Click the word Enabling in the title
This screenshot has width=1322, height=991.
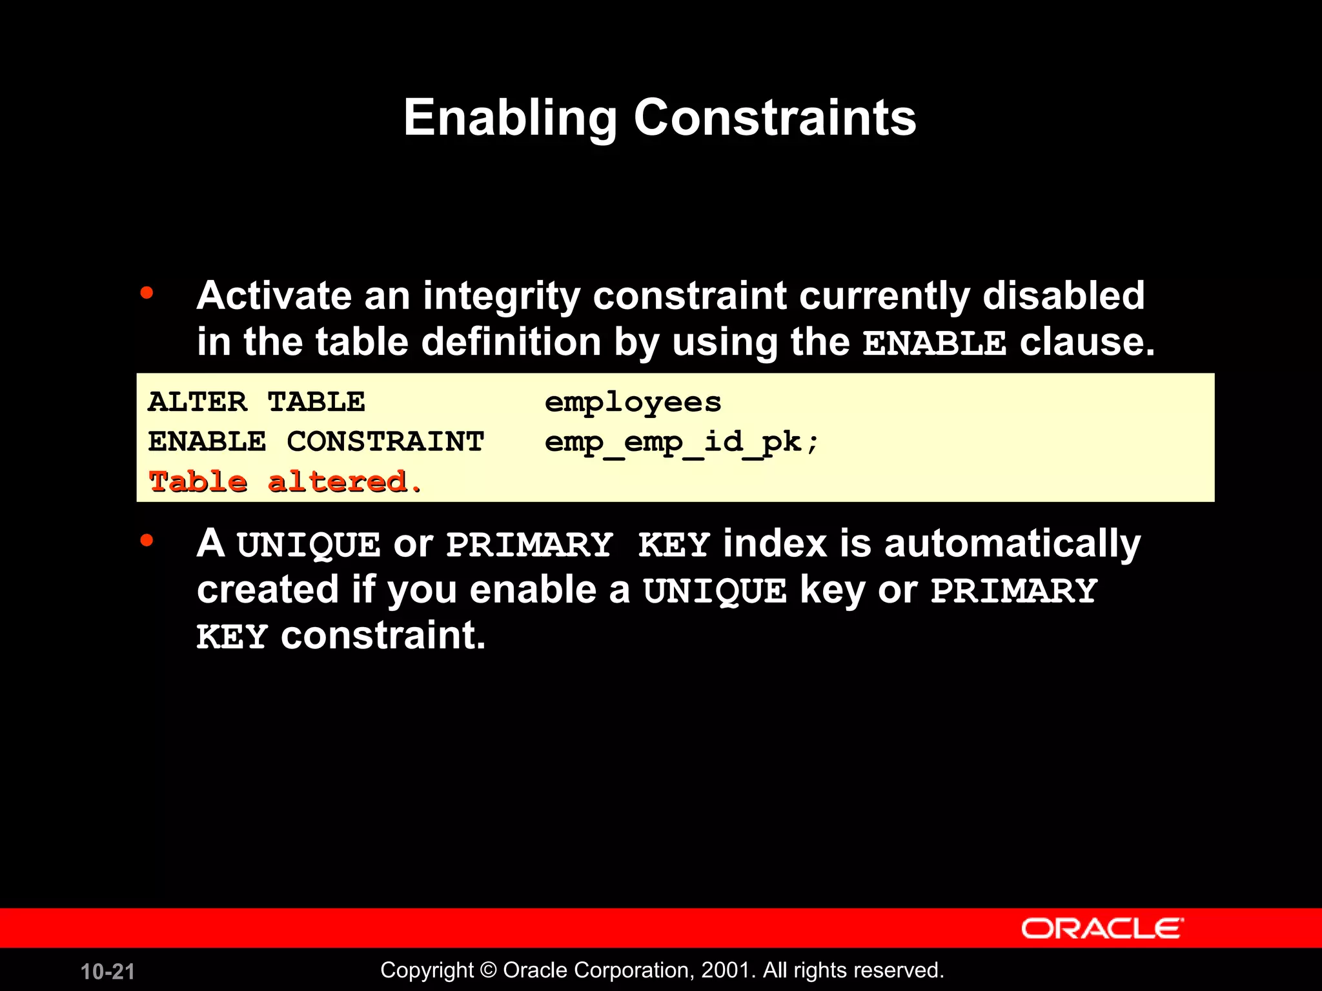pos(510,118)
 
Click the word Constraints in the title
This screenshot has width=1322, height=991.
pos(775,118)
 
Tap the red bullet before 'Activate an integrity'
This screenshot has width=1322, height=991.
pos(147,293)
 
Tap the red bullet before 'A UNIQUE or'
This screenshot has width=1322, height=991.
pos(147,540)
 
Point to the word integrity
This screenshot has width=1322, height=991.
pos(502,297)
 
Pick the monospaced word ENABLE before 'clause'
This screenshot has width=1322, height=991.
pos(934,343)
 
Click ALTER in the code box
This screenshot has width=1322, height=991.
pos(197,402)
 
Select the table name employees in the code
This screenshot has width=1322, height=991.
pos(633,403)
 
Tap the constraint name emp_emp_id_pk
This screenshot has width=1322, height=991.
pos(680,443)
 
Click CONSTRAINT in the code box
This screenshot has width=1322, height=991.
pos(385,442)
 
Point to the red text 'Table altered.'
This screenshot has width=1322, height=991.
pos(285,482)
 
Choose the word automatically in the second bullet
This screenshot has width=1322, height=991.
pos(1012,544)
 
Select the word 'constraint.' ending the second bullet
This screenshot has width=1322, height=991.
pos(383,636)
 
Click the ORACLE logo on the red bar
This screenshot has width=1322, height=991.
pos(1102,928)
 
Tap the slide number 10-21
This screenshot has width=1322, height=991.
pos(107,972)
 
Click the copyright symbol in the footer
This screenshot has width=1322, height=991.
pos(489,970)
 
